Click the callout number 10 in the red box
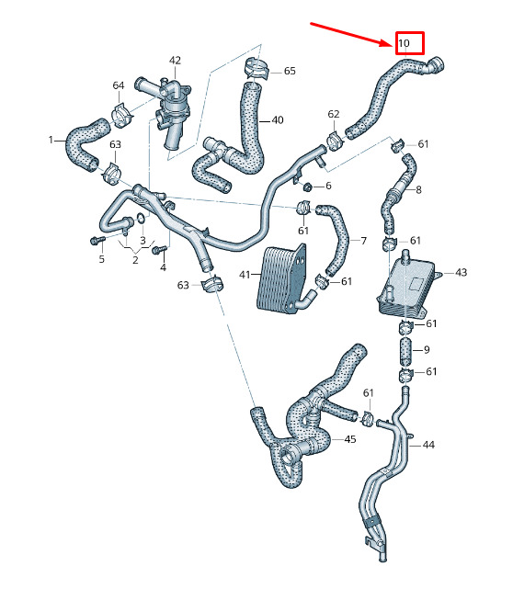[x=404, y=43]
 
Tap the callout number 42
[x=175, y=61]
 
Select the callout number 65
[x=290, y=71]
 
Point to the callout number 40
[x=278, y=120]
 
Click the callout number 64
[x=119, y=85]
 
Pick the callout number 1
[x=51, y=140]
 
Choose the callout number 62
[x=334, y=114]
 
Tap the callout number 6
[x=328, y=186]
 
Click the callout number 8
[x=418, y=190]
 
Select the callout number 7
[x=364, y=241]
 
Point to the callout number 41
[x=245, y=275]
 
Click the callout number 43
[x=461, y=273]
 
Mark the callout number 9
[x=427, y=350]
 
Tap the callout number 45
[x=350, y=439]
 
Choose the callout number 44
[x=428, y=445]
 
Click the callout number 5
[x=101, y=259]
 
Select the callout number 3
[x=142, y=241]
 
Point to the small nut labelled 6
[x=307, y=187]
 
